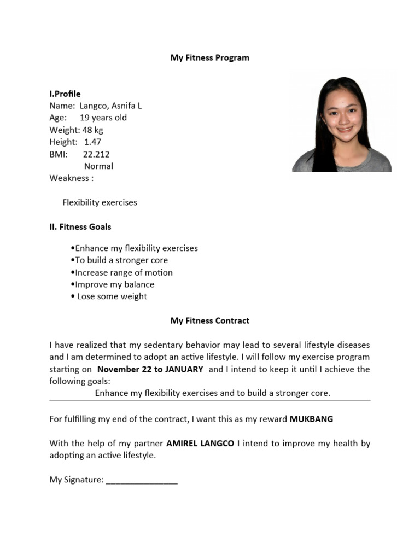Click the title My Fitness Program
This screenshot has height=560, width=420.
tap(209, 57)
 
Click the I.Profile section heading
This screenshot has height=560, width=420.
tap(65, 94)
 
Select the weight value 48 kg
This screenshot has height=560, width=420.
tap(92, 130)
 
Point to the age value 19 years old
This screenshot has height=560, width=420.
tap(103, 118)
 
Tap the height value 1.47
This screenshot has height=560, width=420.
tap(92, 142)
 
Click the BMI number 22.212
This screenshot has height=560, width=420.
tap(96, 154)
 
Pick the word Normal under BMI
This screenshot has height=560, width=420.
tap(98, 166)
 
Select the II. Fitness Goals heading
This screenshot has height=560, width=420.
tap(80, 226)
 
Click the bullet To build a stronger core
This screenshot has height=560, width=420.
tap(120, 260)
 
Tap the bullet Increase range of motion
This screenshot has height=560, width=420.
tap(122, 272)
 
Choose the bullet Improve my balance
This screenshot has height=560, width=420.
tap(113, 284)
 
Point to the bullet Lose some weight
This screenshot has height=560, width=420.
tap(109, 296)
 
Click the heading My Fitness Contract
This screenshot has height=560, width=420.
tap(209, 320)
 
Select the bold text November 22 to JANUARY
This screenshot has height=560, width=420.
tap(150, 369)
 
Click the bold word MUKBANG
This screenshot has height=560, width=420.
tap(311, 419)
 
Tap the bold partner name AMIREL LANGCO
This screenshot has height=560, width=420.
tap(201, 444)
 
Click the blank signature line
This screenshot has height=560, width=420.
tap(142, 481)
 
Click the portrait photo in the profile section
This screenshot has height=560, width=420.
tap(342, 124)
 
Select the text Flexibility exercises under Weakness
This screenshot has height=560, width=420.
tap(100, 202)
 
